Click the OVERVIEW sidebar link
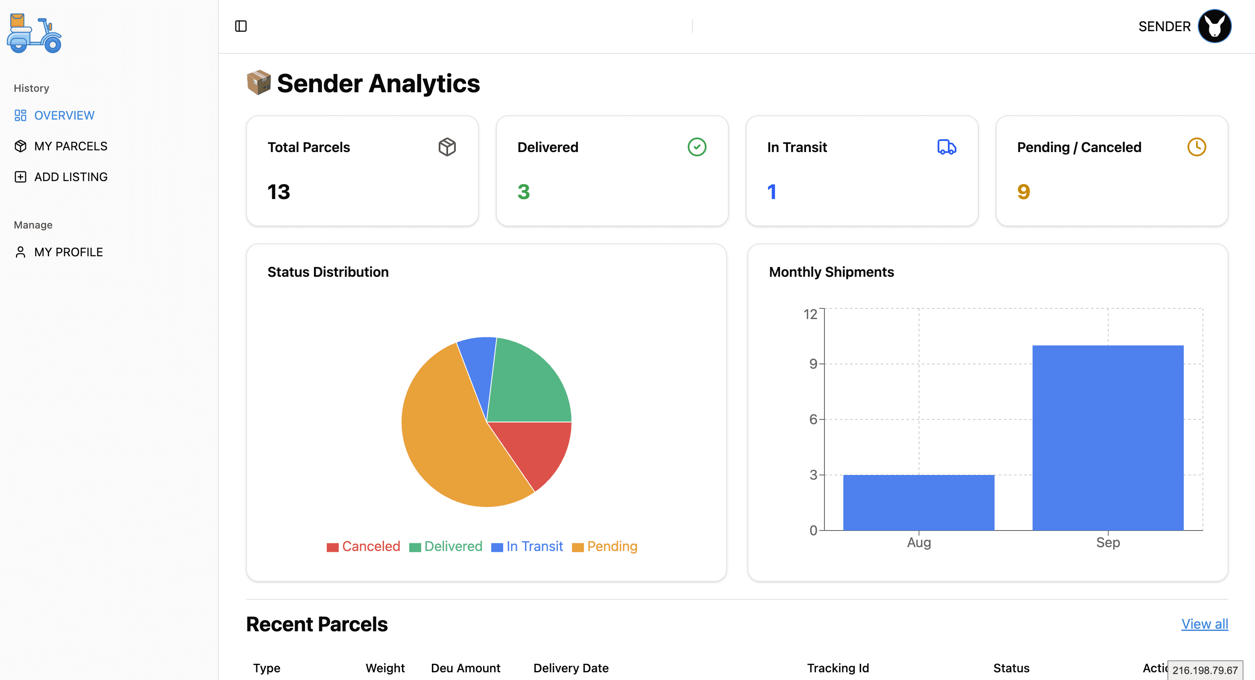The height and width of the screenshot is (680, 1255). [64, 115]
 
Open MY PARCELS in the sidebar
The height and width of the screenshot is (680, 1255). [70, 146]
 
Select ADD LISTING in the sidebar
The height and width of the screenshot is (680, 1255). [70, 177]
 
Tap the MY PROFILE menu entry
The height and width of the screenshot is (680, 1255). [68, 252]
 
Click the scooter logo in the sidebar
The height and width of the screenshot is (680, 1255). [34, 33]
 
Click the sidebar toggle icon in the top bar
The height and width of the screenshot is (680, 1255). [240, 26]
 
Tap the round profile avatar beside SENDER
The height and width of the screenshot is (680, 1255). [1214, 26]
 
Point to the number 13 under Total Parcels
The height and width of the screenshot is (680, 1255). [279, 192]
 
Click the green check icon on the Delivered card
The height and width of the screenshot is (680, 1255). [697, 147]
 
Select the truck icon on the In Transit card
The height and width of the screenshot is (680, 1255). [947, 147]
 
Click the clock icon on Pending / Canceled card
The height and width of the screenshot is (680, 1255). [1196, 147]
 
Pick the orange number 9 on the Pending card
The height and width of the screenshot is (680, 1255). [1023, 192]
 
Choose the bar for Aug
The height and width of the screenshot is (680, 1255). [918, 503]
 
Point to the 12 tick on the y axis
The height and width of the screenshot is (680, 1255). [810, 314]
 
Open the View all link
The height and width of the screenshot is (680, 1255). [1204, 624]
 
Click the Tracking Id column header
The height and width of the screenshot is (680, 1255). [838, 668]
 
